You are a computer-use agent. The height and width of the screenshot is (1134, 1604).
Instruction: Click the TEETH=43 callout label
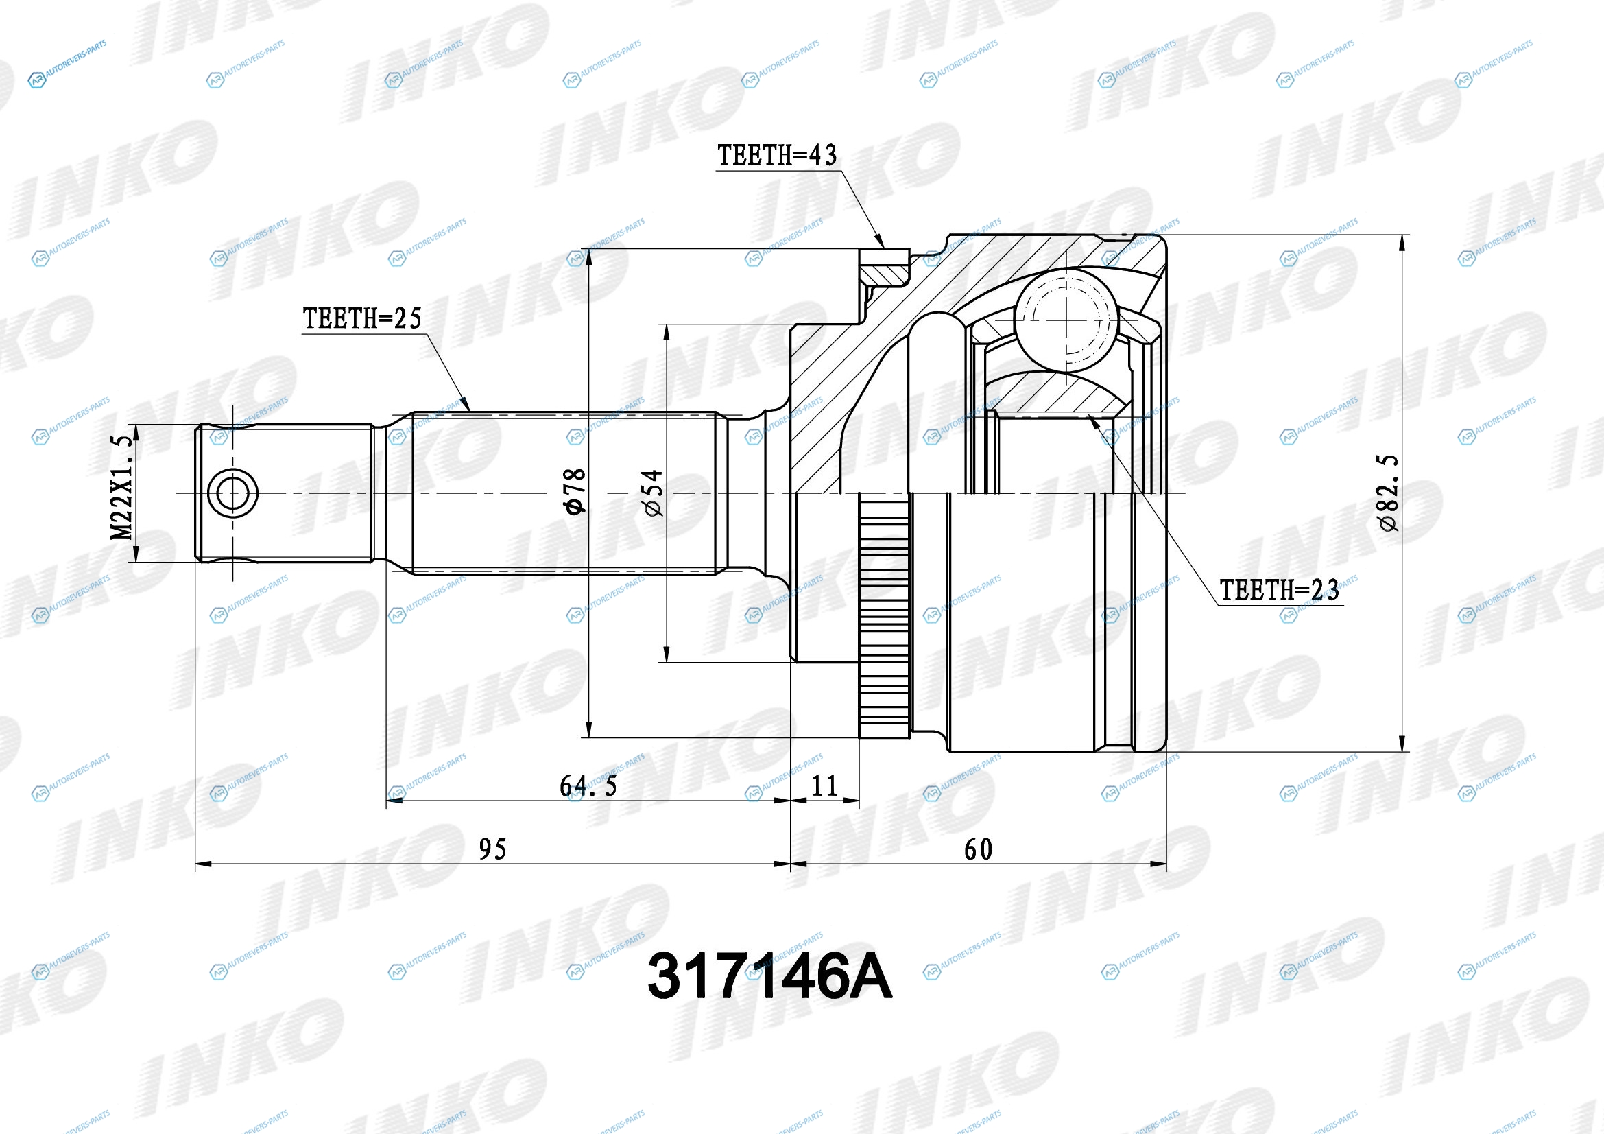tap(777, 155)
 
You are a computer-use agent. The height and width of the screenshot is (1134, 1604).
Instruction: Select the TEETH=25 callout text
tap(362, 318)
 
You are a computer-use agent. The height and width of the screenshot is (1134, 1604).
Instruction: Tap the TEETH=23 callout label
tap(1279, 591)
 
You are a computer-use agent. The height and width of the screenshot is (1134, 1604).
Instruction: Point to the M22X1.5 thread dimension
tap(121, 487)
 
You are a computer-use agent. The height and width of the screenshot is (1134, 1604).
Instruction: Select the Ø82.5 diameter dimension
tap(1389, 493)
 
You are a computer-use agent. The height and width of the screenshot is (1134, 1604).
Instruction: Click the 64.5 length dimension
tap(588, 787)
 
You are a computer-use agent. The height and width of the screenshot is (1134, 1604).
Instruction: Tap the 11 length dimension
tap(824, 787)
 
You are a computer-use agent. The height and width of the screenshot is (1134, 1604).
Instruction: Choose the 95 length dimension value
tap(492, 849)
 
